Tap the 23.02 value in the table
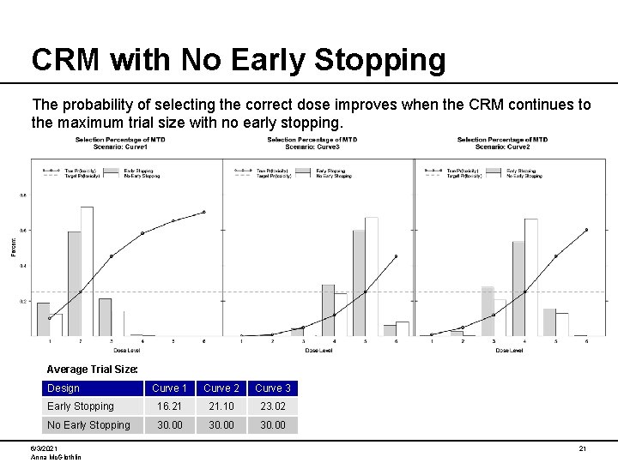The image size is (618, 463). [272, 406]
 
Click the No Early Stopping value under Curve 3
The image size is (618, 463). [272, 425]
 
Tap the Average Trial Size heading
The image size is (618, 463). [91, 370]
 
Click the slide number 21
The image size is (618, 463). [582, 449]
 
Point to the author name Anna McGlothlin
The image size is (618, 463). [55, 457]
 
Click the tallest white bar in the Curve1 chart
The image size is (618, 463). [87, 271]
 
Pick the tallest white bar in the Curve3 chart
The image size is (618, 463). [371, 276]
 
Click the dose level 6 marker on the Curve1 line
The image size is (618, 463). [203, 212]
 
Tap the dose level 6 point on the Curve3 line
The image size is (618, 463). [396, 256]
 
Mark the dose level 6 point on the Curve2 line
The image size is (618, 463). [586, 230]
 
